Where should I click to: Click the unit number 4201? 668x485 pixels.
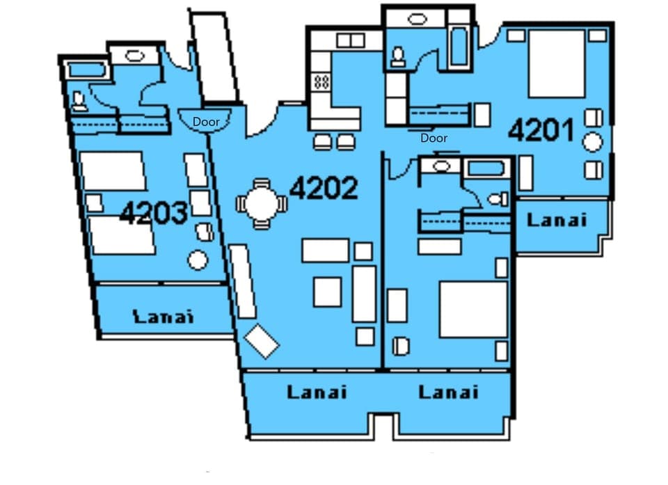pyautogui.click(x=541, y=130)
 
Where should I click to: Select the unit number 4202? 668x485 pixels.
pyautogui.click(x=324, y=188)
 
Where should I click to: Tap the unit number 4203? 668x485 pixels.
pyautogui.click(x=153, y=213)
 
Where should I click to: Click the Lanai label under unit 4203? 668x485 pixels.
pyautogui.click(x=163, y=317)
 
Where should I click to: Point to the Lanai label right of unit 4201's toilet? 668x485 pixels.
pyautogui.click(x=557, y=220)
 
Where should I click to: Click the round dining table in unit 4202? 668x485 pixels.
pyautogui.click(x=261, y=204)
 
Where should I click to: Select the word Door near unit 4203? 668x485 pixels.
pyautogui.click(x=206, y=122)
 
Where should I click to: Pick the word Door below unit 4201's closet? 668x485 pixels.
pyautogui.click(x=434, y=138)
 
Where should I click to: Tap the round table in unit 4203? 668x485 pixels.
pyautogui.click(x=198, y=261)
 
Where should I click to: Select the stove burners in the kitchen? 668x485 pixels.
pyautogui.click(x=321, y=82)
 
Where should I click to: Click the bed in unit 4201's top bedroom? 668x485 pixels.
pyautogui.click(x=557, y=64)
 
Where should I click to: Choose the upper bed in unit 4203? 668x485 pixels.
pyautogui.click(x=113, y=171)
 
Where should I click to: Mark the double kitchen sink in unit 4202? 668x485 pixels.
pyautogui.click(x=350, y=41)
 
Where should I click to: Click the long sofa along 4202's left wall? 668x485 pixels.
pyautogui.click(x=243, y=280)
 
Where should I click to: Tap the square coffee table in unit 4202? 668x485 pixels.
pyautogui.click(x=327, y=292)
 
